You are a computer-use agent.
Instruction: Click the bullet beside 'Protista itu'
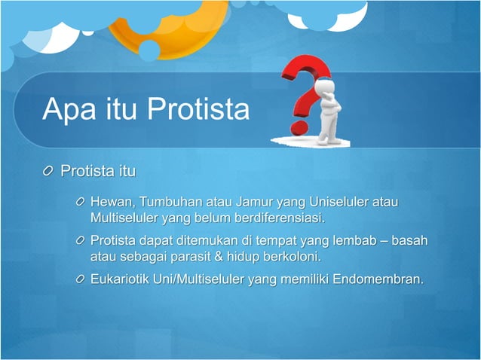coord(49,172)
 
